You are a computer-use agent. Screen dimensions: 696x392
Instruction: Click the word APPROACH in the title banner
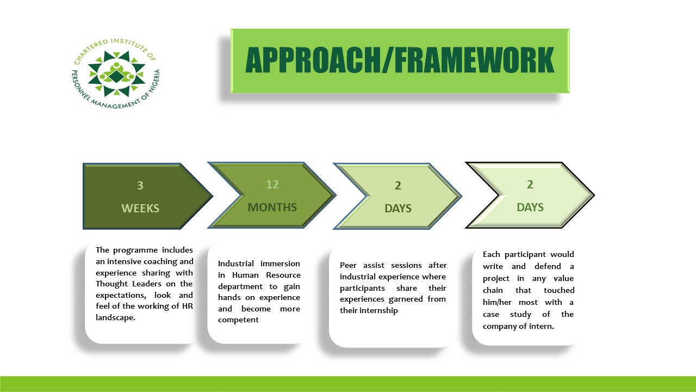pos(313,60)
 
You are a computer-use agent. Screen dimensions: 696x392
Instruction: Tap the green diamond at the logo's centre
pos(116,76)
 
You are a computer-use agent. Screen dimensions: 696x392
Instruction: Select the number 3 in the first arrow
pos(140,186)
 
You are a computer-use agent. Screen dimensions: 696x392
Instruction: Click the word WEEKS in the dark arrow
pos(140,208)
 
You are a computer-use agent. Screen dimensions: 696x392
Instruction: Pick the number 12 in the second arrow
pos(272,185)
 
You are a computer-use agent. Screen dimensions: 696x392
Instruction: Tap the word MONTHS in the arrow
pos(272,207)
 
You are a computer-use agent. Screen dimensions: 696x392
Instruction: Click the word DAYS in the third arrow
pos(398,208)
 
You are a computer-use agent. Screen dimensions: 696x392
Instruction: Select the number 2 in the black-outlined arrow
pos(530,185)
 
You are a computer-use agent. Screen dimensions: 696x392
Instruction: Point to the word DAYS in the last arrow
pos(530,207)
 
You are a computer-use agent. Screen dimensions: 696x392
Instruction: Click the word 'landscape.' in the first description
pos(116,317)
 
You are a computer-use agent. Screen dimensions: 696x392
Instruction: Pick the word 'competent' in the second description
pos(238,320)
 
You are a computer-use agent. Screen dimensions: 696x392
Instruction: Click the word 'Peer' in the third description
pos(348,265)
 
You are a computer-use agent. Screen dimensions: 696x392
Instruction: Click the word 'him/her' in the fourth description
pos(496,302)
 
